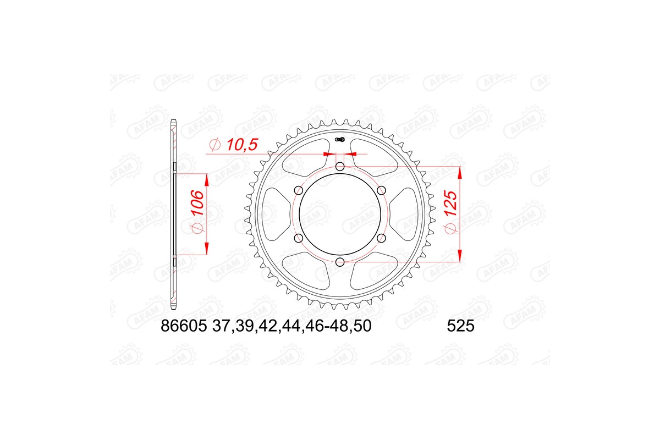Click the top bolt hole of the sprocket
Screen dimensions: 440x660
tap(340, 166)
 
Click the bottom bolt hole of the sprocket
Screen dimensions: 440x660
tap(340, 261)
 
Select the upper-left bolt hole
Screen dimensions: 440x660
tap(299, 190)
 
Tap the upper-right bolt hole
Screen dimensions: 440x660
tap(381, 190)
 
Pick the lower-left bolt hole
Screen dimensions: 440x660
tap(299, 238)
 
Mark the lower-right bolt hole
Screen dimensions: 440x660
tap(381, 238)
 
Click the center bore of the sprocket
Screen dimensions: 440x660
tap(340, 214)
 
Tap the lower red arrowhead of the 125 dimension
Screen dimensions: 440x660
tap(460, 255)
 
